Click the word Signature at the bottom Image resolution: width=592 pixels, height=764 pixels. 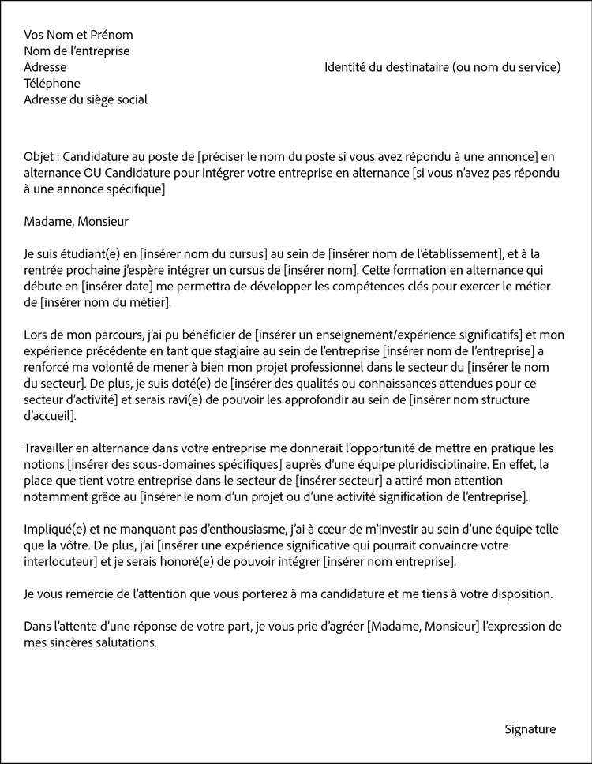[530, 729]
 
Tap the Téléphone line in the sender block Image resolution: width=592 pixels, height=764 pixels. [52, 83]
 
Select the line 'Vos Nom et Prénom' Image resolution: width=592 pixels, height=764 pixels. [78, 35]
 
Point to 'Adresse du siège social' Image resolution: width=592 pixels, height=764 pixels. [85, 99]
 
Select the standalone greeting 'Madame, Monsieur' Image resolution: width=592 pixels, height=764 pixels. [76, 222]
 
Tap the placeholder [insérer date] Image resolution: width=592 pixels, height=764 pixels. [123, 286]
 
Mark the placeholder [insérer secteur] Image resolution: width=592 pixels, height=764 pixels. [342, 481]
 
